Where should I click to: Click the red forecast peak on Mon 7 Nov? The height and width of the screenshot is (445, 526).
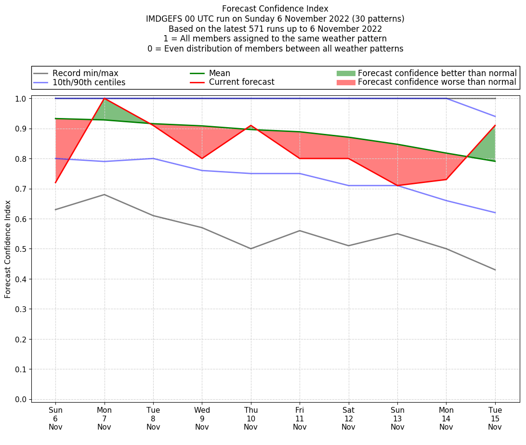tap(105, 98)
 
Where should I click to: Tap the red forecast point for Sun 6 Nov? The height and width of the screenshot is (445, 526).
tap(55, 183)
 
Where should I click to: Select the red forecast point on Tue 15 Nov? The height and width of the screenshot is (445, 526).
tap(495, 125)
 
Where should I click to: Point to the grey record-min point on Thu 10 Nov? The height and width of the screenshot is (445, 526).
tap(251, 249)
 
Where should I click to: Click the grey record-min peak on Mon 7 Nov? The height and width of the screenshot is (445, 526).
tap(105, 195)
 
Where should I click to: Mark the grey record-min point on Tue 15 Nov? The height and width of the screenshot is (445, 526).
tap(495, 270)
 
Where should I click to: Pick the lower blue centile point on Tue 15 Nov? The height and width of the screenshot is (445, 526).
tap(495, 212)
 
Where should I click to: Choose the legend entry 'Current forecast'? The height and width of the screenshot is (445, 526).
tap(241, 82)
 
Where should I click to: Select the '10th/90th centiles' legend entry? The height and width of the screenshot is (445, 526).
tap(89, 82)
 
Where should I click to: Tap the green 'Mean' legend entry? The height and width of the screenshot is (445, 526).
tap(219, 73)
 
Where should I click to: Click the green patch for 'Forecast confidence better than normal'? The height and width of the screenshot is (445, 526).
tap(345, 73)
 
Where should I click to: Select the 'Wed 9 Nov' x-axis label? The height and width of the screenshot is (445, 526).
tap(202, 418)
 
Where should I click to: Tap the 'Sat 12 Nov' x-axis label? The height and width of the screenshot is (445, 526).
tap(348, 418)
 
